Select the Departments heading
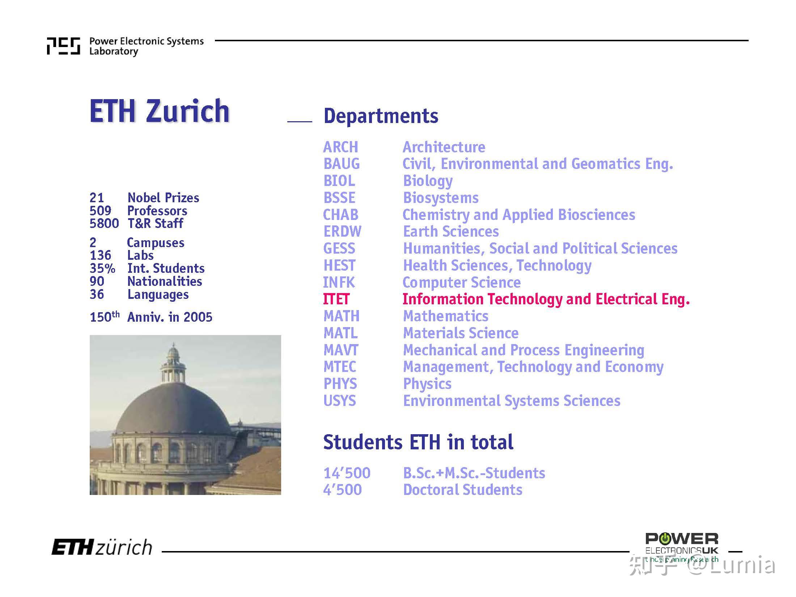381,116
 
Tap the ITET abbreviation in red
336,299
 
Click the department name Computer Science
461,282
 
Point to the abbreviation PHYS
340,384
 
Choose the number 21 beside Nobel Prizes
97,198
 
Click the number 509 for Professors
100,211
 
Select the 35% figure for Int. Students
102,268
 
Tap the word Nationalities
165,281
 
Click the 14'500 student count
347,473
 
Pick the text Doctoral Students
462,490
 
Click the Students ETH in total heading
418,442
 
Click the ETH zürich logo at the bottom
102,547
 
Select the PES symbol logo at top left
63,46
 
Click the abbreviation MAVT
341,350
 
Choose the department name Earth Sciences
450,232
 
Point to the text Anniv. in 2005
169,317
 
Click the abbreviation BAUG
341,164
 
